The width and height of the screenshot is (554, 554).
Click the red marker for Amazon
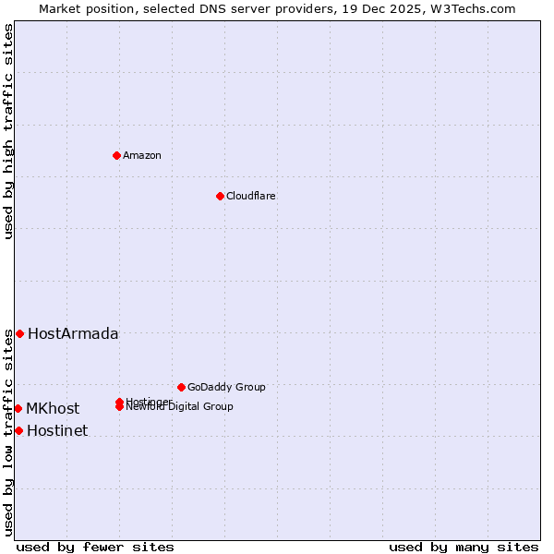coord(116,155)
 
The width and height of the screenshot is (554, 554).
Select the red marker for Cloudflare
coord(220,196)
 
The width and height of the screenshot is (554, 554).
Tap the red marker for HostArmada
coord(19,333)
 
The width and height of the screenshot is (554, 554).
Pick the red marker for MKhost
coord(18,408)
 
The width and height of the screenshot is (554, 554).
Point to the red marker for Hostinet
coord(18,430)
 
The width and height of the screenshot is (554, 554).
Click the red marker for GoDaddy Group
coord(181,387)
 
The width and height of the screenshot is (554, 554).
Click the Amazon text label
coord(142,155)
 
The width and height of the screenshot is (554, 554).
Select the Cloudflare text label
coord(251,196)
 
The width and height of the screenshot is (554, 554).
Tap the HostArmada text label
coord(73,333)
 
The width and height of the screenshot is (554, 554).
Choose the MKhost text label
coord(53,408)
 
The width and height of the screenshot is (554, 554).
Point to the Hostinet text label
coord(57,430)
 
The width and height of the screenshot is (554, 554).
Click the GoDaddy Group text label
coord(226,387)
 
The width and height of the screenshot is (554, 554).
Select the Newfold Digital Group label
coord(181,407)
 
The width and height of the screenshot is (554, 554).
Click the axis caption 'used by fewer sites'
coord(95,547)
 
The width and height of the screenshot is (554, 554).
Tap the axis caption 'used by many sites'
coord(464,547)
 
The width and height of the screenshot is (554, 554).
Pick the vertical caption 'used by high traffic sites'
coord(8,132)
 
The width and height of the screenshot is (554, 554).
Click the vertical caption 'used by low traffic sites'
coord(8,432)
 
